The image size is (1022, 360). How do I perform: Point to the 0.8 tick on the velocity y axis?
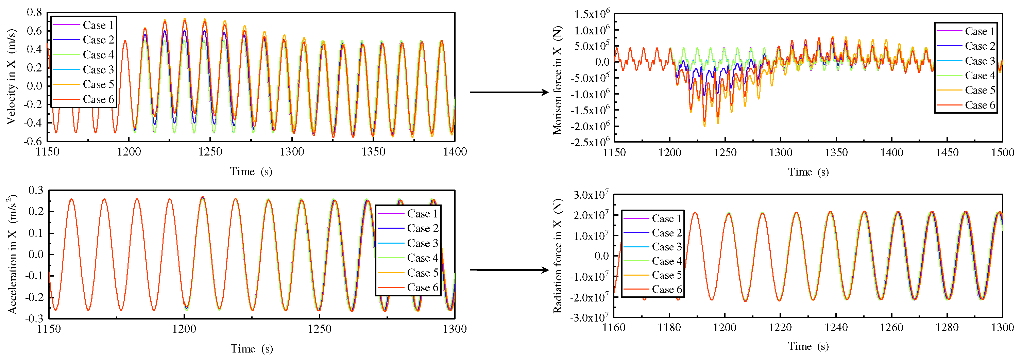pyautogui.click(x=34, y=12)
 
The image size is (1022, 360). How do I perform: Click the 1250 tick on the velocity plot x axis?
pyautogui.click(x=210, y=152)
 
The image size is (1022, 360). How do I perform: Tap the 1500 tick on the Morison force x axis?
pyautogui.click(x=1003, y=152)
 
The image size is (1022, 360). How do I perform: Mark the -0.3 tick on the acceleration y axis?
pyautogui.click(x=36, y=318)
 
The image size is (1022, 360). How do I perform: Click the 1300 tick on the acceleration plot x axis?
pyautogui.click(x=455, y=329)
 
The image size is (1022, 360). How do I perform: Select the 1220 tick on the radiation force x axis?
pyautogui.click(x=780, y=327)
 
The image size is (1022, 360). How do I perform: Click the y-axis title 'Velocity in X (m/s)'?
pyautogui.click(x=11, y=77)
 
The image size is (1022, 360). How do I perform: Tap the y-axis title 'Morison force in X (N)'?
pyautogui.click(x=558, y=80)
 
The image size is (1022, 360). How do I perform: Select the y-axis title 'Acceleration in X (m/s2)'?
pyautogui.click(x=12, y=254)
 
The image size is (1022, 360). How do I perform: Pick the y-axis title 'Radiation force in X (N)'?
pyautogui.click(x=558, y=256)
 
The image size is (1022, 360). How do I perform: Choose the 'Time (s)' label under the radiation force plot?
pyautogui.click(x=808, y=346)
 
